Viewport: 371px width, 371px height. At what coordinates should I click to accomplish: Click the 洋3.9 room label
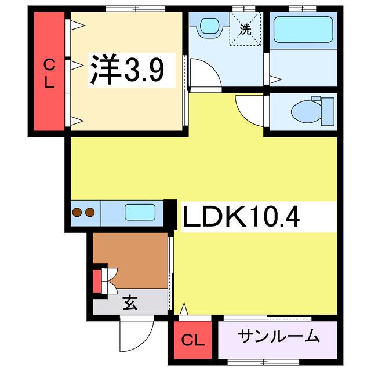(x=126, y=70)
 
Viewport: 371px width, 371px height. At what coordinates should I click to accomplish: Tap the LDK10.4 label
(x=241, y=216)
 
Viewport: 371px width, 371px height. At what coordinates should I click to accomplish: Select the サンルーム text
(x=278, y=336)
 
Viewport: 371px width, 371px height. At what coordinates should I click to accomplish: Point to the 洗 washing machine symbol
(x=245, y=29)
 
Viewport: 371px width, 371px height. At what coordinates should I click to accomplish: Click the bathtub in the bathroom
(x=303, y=30)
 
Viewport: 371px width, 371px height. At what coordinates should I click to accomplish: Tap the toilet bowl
(x=307, y=111)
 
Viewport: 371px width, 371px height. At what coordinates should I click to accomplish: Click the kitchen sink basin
(x=140, y=212)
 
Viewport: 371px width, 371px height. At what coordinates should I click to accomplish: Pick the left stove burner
(x=77, y=212)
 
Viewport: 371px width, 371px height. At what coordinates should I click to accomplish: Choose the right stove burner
(x=90, y=212)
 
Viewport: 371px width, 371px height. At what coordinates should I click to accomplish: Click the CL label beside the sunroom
(x=192, y=340)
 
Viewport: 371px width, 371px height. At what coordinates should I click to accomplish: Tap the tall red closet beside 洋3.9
(x=49, y=71)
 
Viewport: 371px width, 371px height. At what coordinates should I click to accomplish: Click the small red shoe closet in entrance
(x=97, y=281)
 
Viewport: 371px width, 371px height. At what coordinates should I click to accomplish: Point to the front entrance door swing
(x=137, y=334)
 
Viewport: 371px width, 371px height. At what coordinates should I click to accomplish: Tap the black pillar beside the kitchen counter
(x=170, y=214)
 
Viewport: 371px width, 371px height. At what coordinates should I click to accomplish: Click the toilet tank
(x=328, y=111)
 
